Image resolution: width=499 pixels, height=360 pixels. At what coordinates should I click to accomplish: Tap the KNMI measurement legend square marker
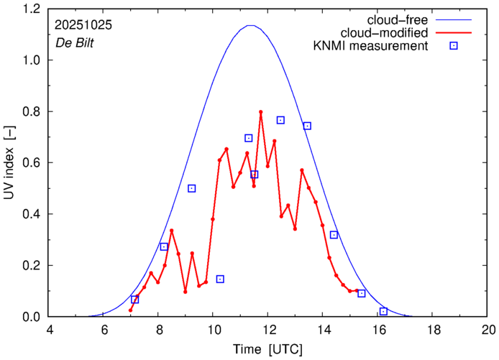point(454,47)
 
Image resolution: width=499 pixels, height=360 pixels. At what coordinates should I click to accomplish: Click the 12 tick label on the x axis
point(269,330)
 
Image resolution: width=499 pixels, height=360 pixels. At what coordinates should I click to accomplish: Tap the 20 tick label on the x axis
point(489,330)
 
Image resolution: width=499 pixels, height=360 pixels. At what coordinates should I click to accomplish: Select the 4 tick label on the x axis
point(50,330)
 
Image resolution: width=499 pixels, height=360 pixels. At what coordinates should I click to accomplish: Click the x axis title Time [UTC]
point(269,349)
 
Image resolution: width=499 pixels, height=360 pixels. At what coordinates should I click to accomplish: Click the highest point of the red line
point(260,112)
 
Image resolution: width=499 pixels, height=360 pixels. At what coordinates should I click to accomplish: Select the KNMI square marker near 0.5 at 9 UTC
point(192,188)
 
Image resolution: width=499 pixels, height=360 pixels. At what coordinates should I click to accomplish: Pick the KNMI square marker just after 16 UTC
point(383,311)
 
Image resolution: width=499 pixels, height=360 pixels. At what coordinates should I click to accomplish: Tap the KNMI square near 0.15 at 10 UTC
point(220,279)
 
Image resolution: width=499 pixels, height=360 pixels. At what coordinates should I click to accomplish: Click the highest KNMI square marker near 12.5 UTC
point(280,120)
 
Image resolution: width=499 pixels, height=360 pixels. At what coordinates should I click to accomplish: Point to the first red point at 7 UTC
point(130,310)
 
